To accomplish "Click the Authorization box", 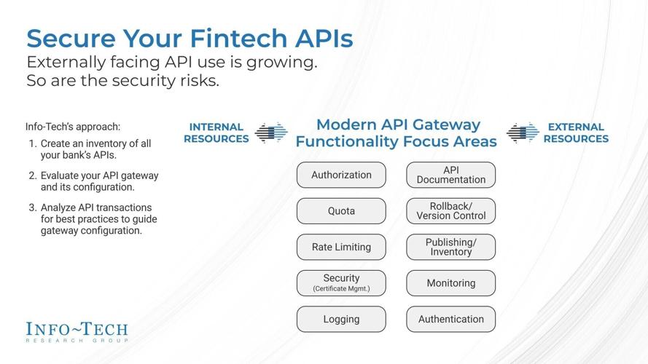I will pyautogui.click(x=341, y=175).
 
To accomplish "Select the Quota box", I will pyautogui.click(x=341, y=211).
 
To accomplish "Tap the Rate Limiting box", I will pyautogui.click(x=341, y=247).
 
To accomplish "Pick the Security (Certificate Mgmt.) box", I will pyautogui.click(x=341, y=282).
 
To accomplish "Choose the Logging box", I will pyautogui.click(x=341, y=319).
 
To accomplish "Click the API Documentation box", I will pyautogui.click(x=450, y=175).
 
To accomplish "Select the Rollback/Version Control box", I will pyautogui.click(x=450, y=211).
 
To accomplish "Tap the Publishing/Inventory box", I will pyautogui.click(x=450, y=247).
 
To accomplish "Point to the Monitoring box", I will pyautogui.click(x=450, y=282).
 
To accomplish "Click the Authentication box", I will pyautogui.click(x=450, y=319).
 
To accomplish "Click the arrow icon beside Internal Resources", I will pyautogui.click(x=271, y=132).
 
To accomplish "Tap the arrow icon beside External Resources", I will pyautogui.click(x=523, y=132).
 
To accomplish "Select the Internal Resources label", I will pyautogui.click(x=216, y=132).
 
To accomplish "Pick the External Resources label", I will pyautogui.click(x=576, y=132).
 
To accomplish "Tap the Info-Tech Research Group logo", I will pyautogui.click(x=77, y=332).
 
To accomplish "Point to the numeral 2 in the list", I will pyautogui.click(x=33, y=175).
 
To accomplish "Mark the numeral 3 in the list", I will pyautogui.click(x=33, y=207).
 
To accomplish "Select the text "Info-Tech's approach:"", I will pyautogui.click(x=73, y=127).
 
